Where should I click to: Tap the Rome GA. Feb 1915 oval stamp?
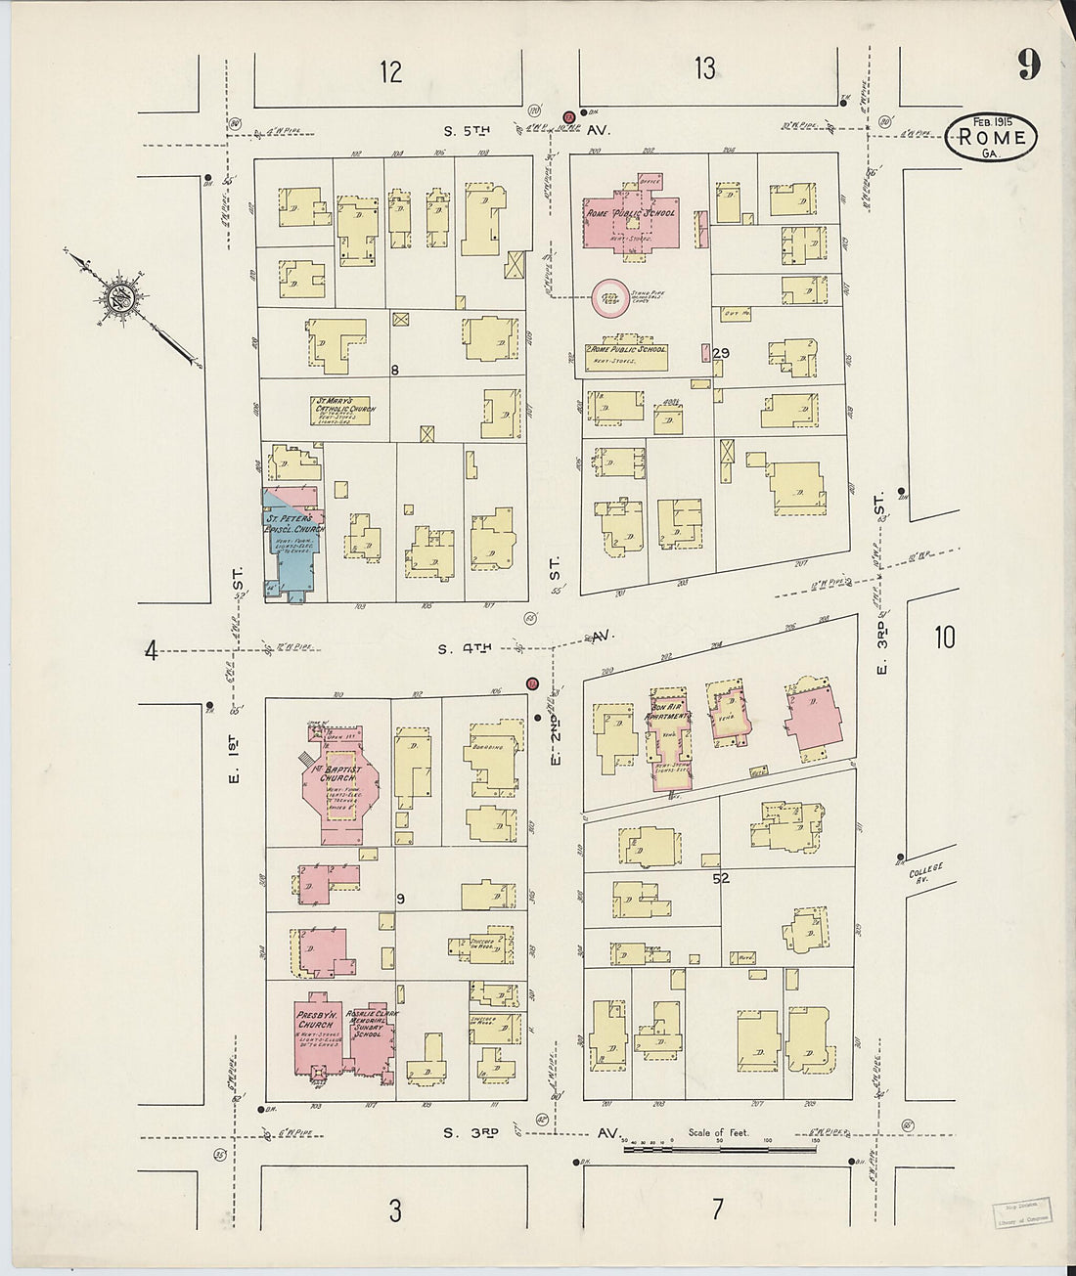[x=991, y=137]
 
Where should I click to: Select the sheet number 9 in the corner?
[x=1027, y=65]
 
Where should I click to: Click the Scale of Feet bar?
[x=719, y=1148]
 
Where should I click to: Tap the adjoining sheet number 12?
[x=390, y=71]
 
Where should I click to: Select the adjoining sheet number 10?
[x=943, y=638]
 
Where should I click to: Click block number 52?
[x=721, y=878]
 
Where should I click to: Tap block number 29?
[x=722, y=353]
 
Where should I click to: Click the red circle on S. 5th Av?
[x=567, y=117]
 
